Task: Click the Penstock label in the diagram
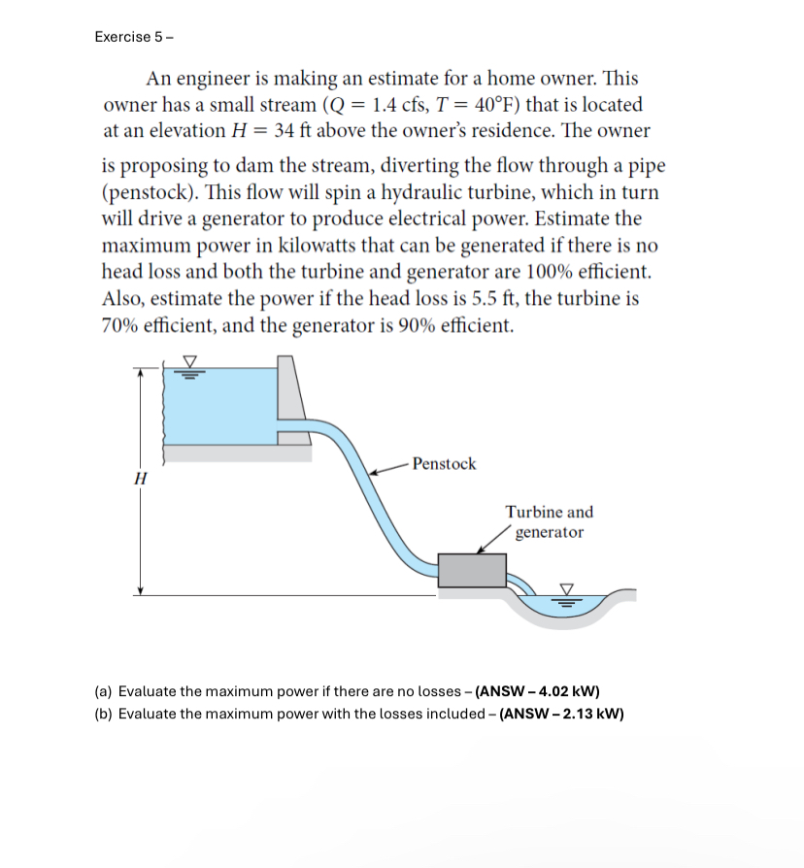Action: (444, 464)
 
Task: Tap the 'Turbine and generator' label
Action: (549, 522)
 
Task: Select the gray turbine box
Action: (472, 570)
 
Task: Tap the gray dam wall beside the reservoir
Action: (292, 398)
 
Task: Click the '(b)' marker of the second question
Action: (104, 714)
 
